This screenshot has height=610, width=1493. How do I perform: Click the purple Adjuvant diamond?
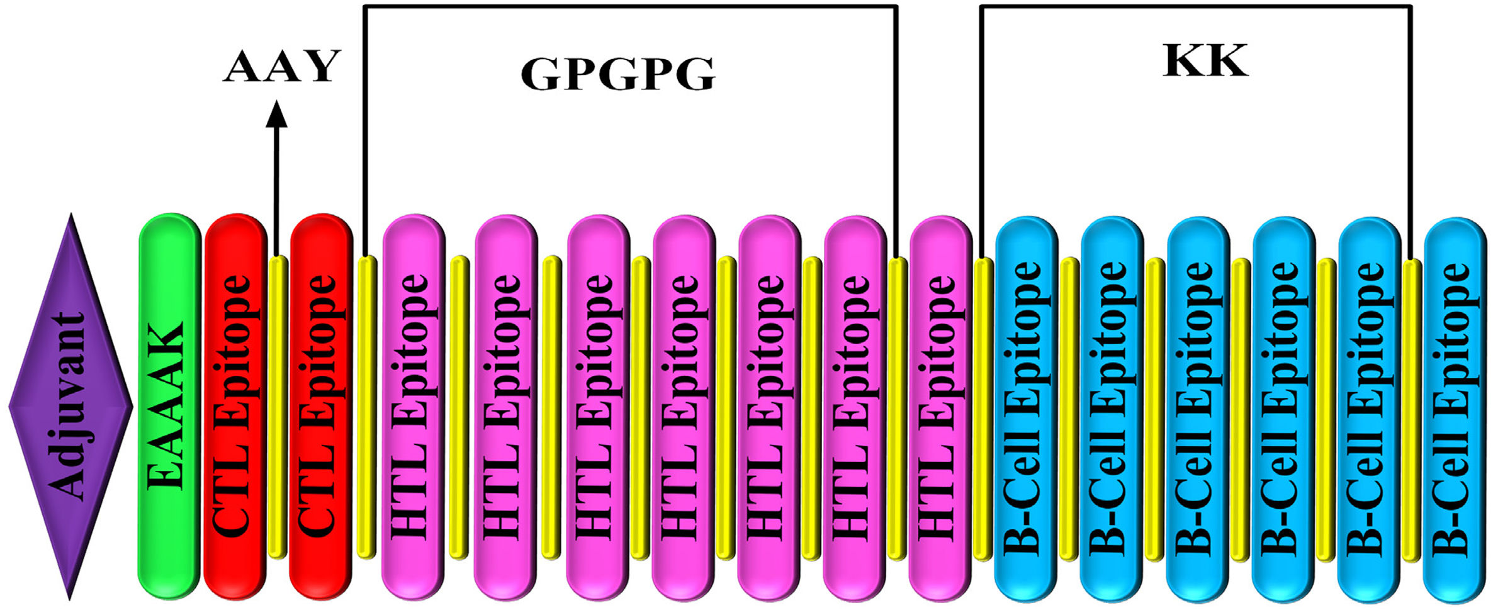[70, 406]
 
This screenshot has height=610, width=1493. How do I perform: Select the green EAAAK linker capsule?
[169, 406]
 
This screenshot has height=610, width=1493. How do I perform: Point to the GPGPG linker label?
[617, 74]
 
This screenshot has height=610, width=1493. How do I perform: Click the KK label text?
[1204, 62]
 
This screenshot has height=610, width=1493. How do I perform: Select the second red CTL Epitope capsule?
[320, 406]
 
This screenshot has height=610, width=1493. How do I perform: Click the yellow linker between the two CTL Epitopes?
[278, 406]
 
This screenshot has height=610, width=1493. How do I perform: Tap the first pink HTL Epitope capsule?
[413, 406]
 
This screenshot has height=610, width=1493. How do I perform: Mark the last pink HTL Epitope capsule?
[940, 406]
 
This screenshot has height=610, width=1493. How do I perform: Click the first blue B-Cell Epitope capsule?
[1025, 406]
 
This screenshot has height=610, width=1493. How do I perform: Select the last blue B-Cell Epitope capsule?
[1455, 406]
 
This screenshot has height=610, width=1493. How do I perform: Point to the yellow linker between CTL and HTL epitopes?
[366, 406]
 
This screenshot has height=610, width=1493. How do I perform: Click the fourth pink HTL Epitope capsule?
[684, 406]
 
